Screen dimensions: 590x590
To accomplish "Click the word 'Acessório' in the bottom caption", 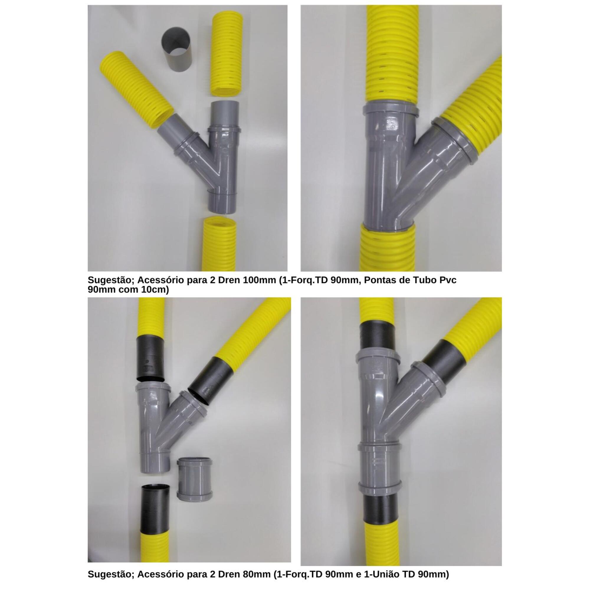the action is (x=158, y=574).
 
